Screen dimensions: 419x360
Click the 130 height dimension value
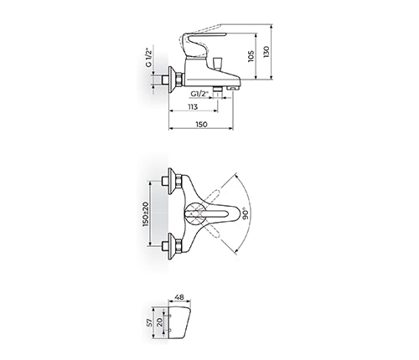click(x=266, y=52)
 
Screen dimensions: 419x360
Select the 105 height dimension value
click(x=251, y=56)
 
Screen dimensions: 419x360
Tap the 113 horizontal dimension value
click(x=193, y=106)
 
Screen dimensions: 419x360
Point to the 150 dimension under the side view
click(x=201, y=124)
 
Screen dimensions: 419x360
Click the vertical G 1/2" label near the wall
click(x=148, y=57)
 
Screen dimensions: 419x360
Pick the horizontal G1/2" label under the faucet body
click(x=200, y=94)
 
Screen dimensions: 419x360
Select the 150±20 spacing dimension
click(x=145, y=213)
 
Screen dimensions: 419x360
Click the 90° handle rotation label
click(x=246, y=213)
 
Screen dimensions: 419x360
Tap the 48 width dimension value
click(x=179, y=297)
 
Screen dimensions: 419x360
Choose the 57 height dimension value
click(x=150, y=322)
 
